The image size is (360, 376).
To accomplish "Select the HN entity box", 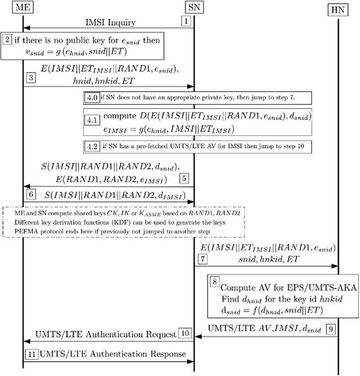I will point(338,11).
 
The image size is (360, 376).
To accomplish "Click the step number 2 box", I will point(7,40).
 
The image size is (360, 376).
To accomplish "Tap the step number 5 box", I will point(185,178).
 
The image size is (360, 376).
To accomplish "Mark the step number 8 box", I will point(215,280).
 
